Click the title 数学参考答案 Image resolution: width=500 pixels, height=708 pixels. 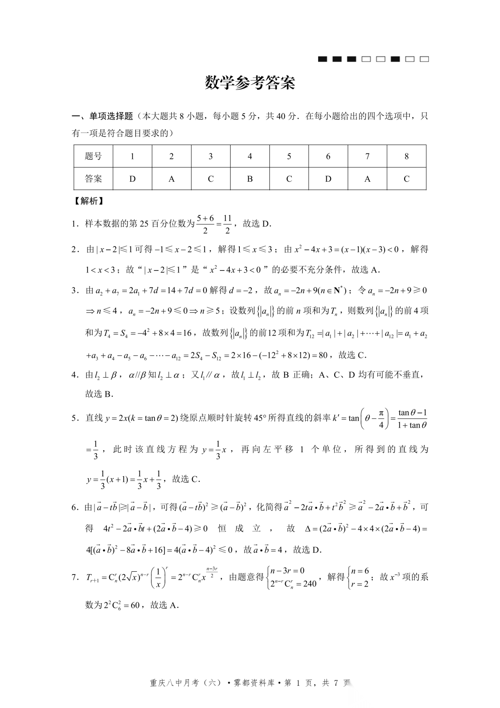point(250,83)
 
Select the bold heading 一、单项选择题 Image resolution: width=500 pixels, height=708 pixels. point(102,116)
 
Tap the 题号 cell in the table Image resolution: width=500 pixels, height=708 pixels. point(93,156)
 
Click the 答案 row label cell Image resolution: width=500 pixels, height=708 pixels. point(93,179)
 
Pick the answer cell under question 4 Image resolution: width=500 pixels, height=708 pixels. point(250,179)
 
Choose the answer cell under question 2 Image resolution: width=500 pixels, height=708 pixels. point(171,179)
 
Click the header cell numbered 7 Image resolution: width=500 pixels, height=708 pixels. point(367,156)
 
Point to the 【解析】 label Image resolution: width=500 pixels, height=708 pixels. point(89,201)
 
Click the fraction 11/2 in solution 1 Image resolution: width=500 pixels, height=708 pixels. point(227,224)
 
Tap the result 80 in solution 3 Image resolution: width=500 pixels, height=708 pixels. point(323,355)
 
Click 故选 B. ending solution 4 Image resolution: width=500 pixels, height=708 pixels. point(99,394)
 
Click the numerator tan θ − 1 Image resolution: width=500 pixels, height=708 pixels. point(412,412)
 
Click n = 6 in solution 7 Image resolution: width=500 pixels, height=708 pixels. point(360,571)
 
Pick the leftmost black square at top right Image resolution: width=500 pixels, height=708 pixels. point(323,59)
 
